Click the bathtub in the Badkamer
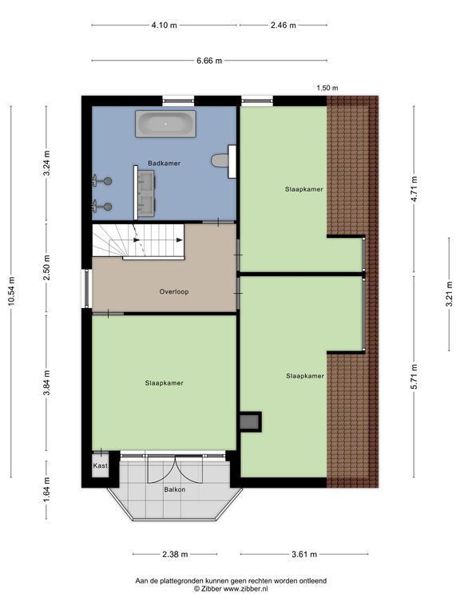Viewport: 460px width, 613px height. point(165,124)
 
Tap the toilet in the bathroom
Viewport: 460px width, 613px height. point(220,160)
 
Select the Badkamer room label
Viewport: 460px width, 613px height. point(165,164)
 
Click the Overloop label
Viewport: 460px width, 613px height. point(174,291)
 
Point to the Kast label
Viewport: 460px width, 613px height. point(100,465)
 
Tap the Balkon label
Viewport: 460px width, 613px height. point(175,489)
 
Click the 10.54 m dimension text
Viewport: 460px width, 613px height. point(11,291)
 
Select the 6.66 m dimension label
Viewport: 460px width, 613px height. point(209,61)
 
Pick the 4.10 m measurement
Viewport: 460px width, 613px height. point(165,25)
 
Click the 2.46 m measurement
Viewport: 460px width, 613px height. point(284,25)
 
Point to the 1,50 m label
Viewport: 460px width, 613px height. point(327,88)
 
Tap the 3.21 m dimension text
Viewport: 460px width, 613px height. point(450,294)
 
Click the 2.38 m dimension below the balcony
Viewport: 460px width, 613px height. point(175,554)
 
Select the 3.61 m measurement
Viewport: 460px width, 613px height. point(304,554)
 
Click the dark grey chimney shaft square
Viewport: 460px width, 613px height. point(249,421)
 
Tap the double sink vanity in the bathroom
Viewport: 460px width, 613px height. point(145,192)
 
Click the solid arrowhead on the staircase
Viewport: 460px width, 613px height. point(180,240)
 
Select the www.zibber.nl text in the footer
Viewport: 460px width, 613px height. point(246,589)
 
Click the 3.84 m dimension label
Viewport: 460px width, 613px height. point(46,383)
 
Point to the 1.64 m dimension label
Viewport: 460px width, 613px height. point(46,489)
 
